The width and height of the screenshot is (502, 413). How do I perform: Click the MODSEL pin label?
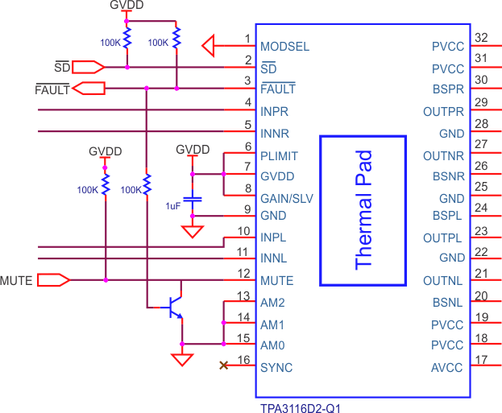pos(284,47)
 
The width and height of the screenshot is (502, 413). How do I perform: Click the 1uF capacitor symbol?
pos(192,198)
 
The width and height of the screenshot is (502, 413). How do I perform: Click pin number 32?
pos(482,38)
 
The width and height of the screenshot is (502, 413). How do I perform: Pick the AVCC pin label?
pos(448,368)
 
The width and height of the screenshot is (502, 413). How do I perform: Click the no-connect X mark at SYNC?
pos(223,367)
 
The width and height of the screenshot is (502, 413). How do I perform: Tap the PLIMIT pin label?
pos(280,155)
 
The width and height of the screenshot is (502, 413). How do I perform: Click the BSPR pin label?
pos(448,89)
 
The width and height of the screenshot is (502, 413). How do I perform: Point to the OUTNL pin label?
pos(443,281)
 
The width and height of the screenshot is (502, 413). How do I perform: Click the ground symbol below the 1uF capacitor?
pos(192,232)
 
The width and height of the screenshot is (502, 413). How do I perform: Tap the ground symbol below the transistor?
pos(183,358)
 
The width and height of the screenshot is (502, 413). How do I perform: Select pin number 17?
pos(482,360)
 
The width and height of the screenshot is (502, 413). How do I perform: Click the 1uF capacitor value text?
pos(172,206)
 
